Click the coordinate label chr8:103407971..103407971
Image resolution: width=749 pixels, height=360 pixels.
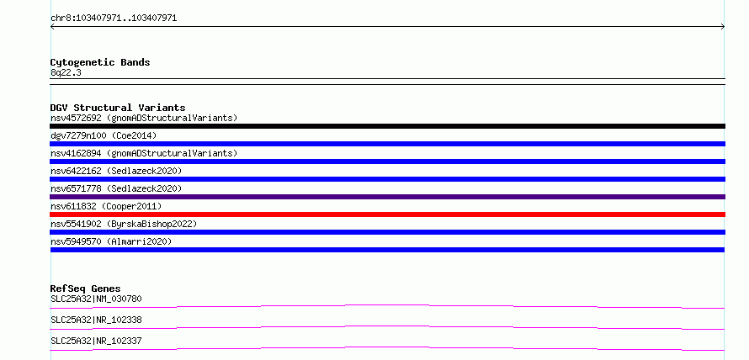point(114,19)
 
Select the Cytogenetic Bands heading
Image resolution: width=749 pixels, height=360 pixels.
point(100,62)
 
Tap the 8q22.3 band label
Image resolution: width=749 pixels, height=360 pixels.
point(66,72)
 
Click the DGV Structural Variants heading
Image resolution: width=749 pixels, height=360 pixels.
point(118,108)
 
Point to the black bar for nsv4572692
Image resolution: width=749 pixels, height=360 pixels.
point(387,126)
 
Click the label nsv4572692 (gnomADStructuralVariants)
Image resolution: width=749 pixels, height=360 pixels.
point(144,118)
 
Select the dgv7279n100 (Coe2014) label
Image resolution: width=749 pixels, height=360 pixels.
point(104,135)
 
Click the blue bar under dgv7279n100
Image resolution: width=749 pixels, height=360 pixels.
point(387,144)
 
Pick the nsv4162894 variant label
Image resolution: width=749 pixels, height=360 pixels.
point(144,153)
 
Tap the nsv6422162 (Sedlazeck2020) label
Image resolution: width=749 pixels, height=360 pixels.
point(116,171)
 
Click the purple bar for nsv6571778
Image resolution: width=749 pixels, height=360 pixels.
point(387,197)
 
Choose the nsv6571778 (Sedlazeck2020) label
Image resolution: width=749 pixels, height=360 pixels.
point(116,188)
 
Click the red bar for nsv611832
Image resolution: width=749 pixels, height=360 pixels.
point(387,214)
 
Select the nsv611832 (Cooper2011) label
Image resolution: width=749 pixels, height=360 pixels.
point(106,206)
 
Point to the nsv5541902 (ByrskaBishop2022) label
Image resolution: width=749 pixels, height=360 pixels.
point(124,224)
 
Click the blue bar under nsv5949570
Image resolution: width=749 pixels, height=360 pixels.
point(387,250)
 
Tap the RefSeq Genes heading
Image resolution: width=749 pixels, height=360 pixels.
point(86,289)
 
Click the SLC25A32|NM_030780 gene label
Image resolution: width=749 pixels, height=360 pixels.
point(96,299)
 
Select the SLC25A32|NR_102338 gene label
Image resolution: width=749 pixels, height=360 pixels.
point(96,320)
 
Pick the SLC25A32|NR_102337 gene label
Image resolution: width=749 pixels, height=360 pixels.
point(96,341)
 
